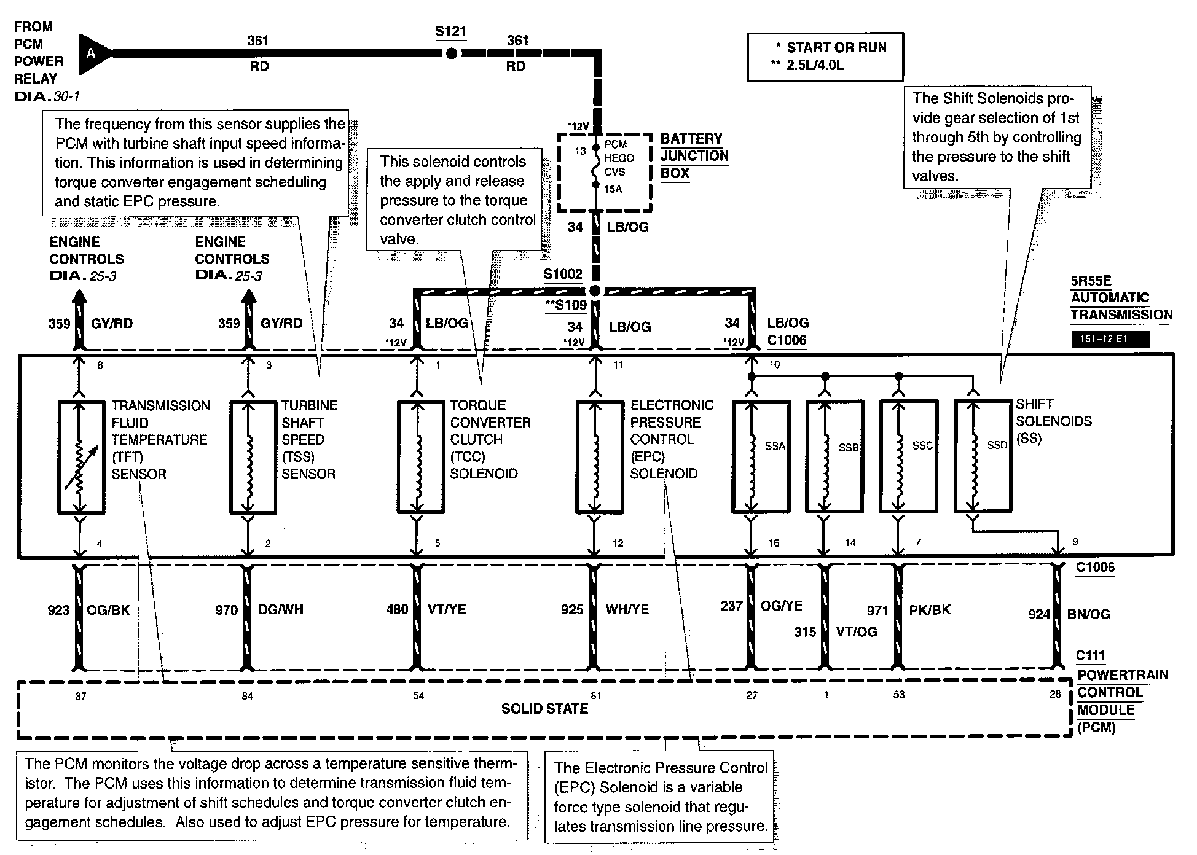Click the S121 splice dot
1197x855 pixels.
tap(451, 53)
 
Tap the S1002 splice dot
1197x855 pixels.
tap(594, 291)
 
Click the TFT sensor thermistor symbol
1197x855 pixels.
tap(80, 456)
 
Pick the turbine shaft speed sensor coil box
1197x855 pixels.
tap(249, 456)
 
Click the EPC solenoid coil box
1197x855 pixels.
tap(595, 456)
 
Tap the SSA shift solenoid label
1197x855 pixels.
tap(775, 446)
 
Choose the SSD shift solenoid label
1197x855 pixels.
tap(997, 445)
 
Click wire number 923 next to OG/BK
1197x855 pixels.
tap(58, 610)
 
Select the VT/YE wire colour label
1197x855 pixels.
tap(447, 609)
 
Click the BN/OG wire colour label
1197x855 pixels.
tap(1089, 614)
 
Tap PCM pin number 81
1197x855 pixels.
tap(595, 695)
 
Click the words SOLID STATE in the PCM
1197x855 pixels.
tap(544, 709)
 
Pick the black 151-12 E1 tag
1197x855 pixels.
tap(1109, 339)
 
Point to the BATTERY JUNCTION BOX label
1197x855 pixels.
tap(694, 156)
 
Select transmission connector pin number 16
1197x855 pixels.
tap(773, 543)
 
